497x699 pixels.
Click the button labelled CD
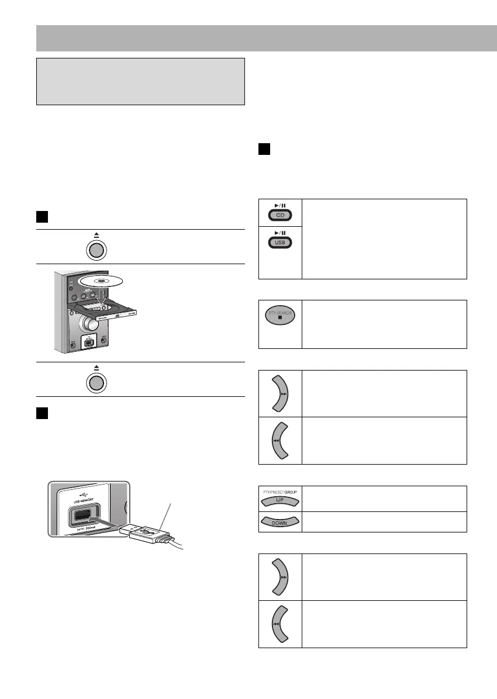coord(280,215)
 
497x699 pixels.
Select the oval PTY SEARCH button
coord(280,316)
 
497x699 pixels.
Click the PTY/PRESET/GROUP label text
coord(280,493)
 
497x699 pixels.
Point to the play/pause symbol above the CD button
coord(280,205)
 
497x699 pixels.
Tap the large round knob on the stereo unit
coord(88,324)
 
